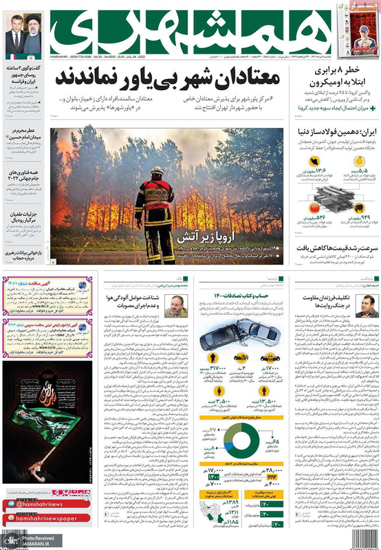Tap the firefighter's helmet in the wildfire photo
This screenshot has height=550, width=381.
(x=157, y=170)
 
